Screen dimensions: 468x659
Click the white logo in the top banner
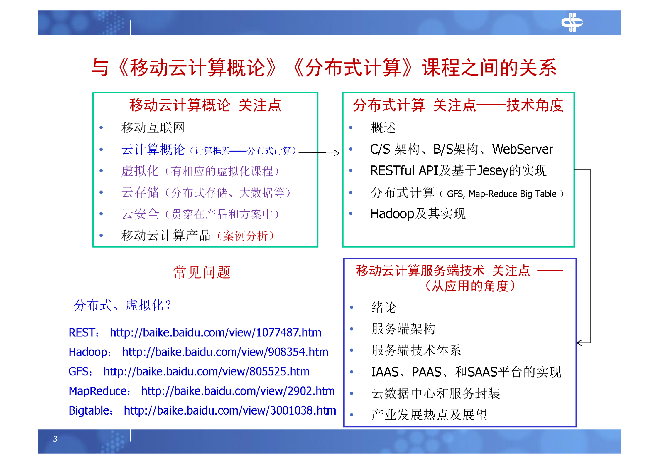pyautogui.click(x=572, y=22)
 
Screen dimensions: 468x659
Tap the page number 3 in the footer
pyautogui.click(x=55, y=438)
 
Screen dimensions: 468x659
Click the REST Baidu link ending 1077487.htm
pyautogui.click(x=215, y=332)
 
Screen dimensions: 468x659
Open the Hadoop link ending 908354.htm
pyautogui.click(x=225, y=352)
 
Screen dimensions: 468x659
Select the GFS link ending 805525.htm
pyautogui.click(x=206, y=371)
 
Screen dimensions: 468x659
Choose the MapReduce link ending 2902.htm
pyautogui.click(x=238, y=391)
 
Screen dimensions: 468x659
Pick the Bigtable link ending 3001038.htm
pyautogui.click(x=230, y=410)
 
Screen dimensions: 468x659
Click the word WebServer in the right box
pyautogui.click(x=522, y=149)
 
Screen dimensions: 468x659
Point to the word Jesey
pyautogui.click(x=492, y=171)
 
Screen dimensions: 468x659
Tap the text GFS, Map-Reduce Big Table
pyautogui.click(x=501, y=194)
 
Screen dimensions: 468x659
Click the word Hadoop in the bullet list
pyautogui.click(x=392, y=214)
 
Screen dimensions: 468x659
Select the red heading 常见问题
pyautogui.click(x=202, y=272)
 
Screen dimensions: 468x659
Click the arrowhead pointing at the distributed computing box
pyautogui.click(x=337, y=153)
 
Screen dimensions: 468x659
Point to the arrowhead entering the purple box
pyautogui.click(x=579, y=343)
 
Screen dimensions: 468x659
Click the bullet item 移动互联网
pyautogui.click(x=153, y=128)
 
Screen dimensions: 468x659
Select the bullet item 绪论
pyautogui.click(x=383, y=307)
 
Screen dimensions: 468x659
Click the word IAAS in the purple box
pyautogui.click(x=384, y=372)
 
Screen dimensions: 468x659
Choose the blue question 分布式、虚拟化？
pyautogui.click(x=122, y=305)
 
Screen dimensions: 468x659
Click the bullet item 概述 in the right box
pyautogui.click(x=383, y=128)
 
